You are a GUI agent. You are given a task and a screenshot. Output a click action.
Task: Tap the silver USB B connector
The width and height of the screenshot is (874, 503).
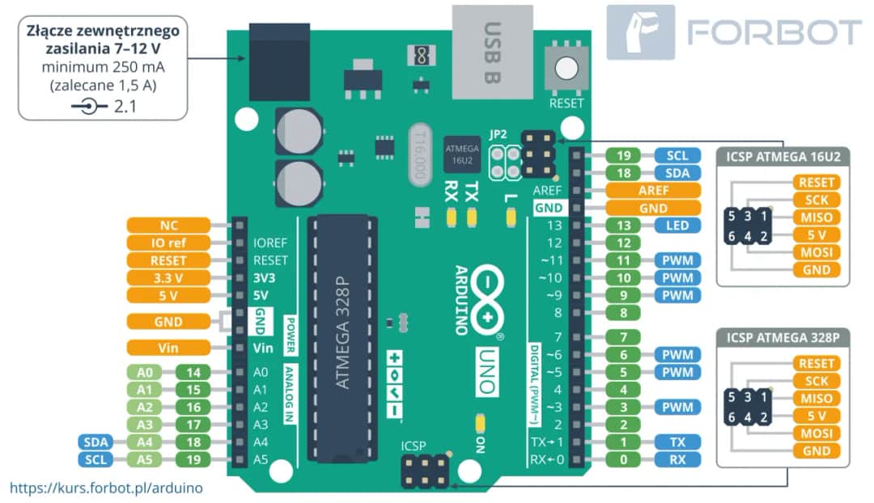(x=493, y=49)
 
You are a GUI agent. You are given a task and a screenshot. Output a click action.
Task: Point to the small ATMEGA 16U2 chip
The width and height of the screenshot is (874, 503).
(x=461, y=154)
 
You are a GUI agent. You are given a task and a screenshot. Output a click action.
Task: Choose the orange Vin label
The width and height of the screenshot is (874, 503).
(x=168, y=348)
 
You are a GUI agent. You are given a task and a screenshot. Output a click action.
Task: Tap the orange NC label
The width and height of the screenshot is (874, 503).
(x=168, y=225)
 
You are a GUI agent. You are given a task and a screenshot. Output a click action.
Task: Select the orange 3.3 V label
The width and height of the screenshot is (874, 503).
(x=168, y=277)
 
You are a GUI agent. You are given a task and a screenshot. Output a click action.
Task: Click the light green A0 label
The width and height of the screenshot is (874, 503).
(x=144, y=373)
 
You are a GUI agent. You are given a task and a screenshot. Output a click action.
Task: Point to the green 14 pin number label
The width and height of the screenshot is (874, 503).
(x=193, y=373)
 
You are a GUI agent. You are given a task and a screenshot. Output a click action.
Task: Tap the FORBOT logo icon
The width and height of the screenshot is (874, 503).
(x=640, y=32)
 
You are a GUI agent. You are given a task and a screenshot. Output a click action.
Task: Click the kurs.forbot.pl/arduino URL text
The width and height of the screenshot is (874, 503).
(x=106, y=488)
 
